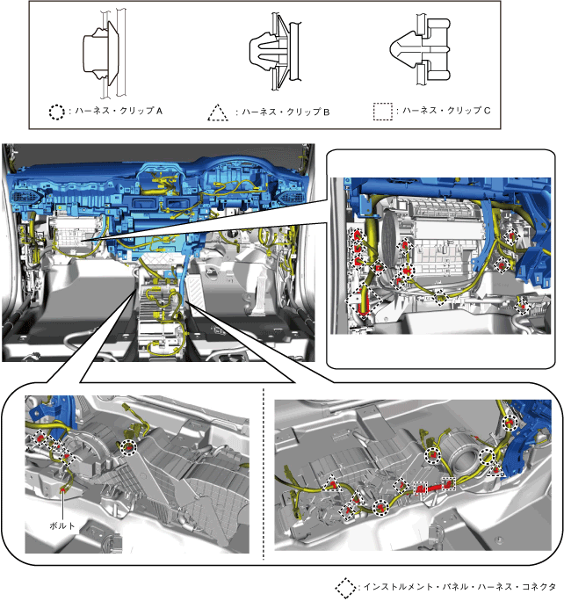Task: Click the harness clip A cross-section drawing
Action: [105, 52]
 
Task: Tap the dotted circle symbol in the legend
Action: [56, 112]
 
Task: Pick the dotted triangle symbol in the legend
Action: [215, 112]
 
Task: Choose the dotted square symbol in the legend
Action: [382, 112]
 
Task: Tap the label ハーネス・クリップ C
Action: [445, 112]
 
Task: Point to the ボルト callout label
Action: [64, 525]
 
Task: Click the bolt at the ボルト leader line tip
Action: [67, 482]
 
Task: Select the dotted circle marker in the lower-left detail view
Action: [129, 447]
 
